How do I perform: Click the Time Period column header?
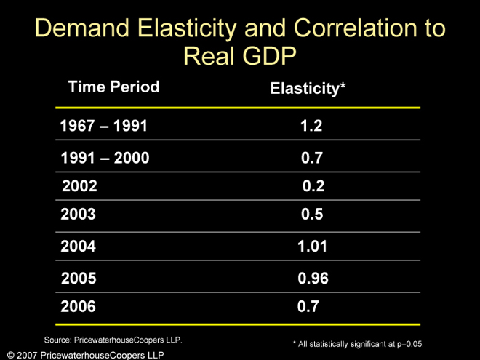(113, 87)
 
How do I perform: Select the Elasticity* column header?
(308, 89)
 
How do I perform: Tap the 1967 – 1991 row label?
(103, 126)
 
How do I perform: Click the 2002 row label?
(80, 185)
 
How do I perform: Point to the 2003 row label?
(78, 215)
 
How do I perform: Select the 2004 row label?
(78, 247)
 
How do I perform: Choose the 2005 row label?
(79, 278)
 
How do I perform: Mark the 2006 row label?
(78, 307)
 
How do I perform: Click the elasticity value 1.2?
(311, 126)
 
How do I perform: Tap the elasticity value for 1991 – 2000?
(312, 158)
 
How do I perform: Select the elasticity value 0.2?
(313, 186)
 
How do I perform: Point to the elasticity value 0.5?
(312, 215)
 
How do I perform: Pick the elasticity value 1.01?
(313, 247)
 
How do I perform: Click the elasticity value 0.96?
(313, 278)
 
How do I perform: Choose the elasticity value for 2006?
(308, 307)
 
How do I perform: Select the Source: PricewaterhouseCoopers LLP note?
(113, 340)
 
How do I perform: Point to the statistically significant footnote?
(358, 343)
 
